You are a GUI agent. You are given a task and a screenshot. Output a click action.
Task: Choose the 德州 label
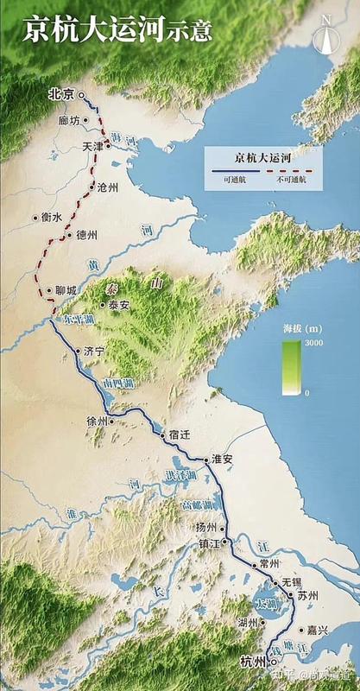point(86,234)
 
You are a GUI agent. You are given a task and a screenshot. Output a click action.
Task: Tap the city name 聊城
point(66,290)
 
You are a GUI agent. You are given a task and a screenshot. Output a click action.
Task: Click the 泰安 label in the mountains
point(118,305)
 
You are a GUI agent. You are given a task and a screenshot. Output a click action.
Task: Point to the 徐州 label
point(98,421)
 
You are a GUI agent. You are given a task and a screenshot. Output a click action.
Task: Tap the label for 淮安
point(223,460)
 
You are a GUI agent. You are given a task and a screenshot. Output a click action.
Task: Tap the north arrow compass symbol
point(325,35)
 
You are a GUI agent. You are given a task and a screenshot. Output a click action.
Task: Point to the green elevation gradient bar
point(291,367)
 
